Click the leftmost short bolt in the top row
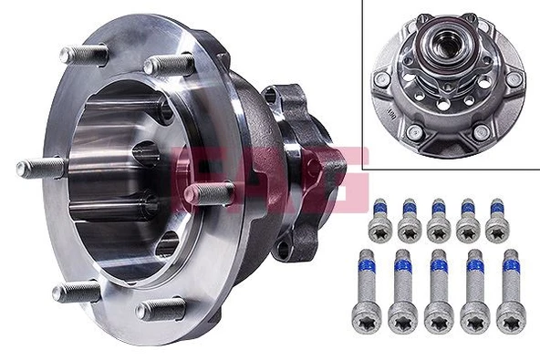(378, 220)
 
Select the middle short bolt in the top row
(438, 220)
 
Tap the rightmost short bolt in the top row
(498, 219)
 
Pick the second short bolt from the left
(408, 220)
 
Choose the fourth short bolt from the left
(469, 220)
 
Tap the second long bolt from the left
(401, 292)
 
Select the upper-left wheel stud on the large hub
(82, 54)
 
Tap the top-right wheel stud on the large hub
(168, 64)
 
